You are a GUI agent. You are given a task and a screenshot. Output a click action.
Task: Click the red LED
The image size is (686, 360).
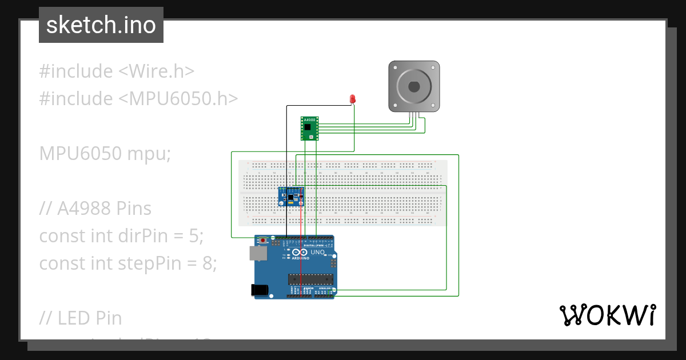pos(353,99)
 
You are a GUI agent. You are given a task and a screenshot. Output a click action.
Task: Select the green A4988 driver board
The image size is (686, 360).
pos(309,129)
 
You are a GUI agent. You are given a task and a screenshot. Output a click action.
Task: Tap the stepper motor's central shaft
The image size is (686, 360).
pos(414,86)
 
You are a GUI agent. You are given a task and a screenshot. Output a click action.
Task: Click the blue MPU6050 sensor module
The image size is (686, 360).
pos(291,197)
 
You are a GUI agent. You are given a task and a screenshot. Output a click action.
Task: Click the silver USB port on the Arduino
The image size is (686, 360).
pos(258,253)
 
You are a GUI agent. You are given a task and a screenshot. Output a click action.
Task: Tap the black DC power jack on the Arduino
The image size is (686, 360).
pos(260,290)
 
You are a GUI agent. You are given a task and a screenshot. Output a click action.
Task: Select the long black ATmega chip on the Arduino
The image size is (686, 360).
pos(310,279)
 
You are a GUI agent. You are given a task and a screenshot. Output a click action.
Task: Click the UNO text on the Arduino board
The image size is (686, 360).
pos(317,252)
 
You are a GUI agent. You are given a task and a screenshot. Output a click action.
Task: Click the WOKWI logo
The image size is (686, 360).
pos(607,315)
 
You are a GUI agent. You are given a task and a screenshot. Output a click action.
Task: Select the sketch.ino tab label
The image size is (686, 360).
pos(101,25)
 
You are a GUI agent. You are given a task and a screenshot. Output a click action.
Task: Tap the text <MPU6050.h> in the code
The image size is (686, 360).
pos(178,99)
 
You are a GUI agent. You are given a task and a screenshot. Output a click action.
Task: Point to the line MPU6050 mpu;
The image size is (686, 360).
pos(105,154)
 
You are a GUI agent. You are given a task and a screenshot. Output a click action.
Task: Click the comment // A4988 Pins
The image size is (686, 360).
pos(95,209)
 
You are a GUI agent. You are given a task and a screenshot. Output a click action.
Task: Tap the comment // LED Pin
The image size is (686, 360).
pos(81,318)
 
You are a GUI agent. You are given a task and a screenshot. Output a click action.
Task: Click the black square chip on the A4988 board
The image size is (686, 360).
pos(309,126)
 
